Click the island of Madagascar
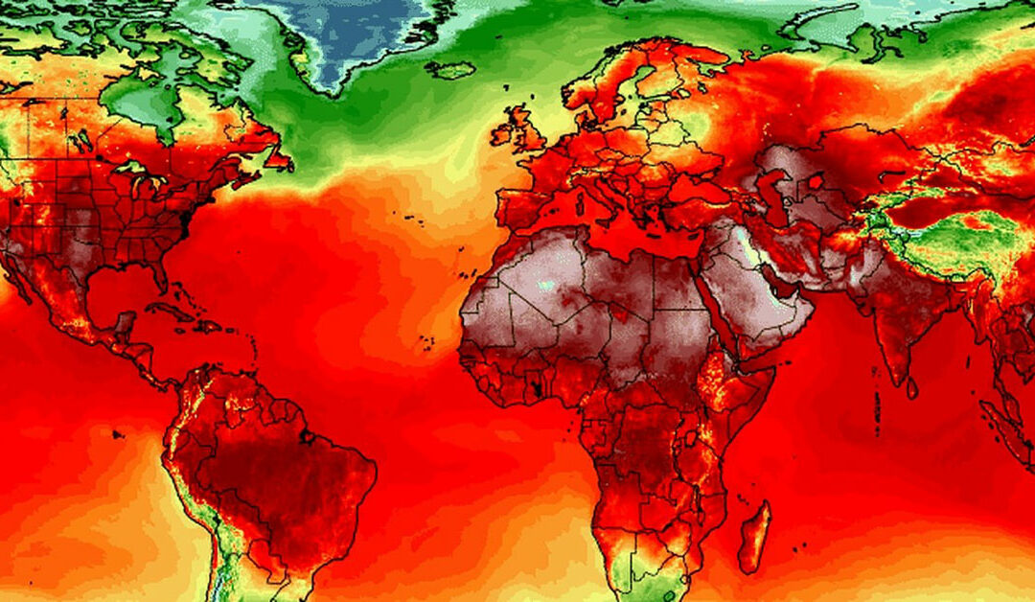(x=754, y=537)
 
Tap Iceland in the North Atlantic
(x=450, y=70)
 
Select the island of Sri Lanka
(x=911, y=387)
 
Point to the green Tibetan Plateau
(x=949, y=240)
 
